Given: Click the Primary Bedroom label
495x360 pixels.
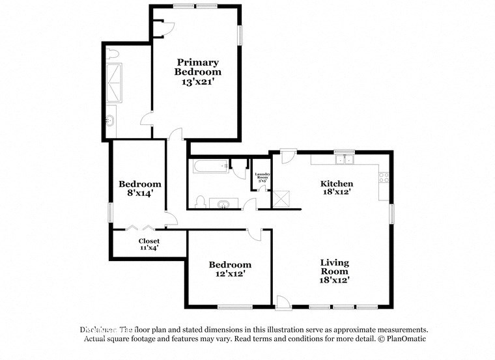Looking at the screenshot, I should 197,67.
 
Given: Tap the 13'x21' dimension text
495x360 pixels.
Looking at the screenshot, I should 197,83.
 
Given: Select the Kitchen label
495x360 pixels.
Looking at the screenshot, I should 336,184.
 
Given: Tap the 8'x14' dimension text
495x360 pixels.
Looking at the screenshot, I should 139,193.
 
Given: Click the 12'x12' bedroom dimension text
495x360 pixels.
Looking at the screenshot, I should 230,274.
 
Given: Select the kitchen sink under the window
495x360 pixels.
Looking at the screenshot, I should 343,159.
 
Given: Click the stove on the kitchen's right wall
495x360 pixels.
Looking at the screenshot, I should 384,176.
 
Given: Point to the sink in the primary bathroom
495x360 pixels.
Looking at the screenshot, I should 110,120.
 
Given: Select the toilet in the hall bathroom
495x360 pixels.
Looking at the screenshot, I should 200,201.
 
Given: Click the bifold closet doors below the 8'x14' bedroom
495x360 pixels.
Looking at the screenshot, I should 140,228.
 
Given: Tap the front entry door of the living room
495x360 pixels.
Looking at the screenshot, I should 283,303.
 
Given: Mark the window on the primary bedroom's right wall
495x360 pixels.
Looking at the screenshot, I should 240,35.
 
